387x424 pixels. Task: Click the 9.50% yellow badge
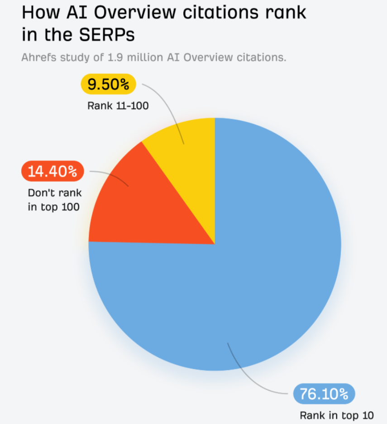pyautogui.click(x=108, y=84)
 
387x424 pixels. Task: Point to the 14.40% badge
pyautogui.click(x=53, y=171)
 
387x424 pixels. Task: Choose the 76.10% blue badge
pyautogui.click(x=324, y=394)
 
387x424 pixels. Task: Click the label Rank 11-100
pyautogui.click(x=118, y=106)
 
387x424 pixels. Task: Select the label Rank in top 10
pyautogui.click(x=337, y=415)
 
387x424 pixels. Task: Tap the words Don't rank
pyautogui.click(x=55, y=193)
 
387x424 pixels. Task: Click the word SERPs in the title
pyautogui.click(x=107, y=34)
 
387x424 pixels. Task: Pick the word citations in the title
pyautogui.click(x=220, y=12)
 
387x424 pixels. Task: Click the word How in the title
pyautogui.click(x=41, y=12)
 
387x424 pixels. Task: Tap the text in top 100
pyautogui.click(x=53, y=207)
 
